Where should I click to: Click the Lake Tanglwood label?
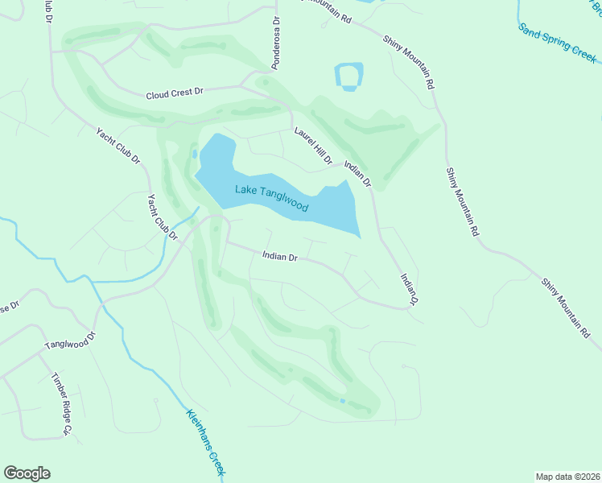[x=271, y=199]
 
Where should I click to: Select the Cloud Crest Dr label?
[x=174, y=93]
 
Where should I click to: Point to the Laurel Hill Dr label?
[x=313, y=146]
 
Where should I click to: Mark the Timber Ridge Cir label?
[x=62, y=403]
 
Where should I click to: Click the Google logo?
[x=27, y=473]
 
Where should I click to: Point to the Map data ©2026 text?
[x=567, y=476]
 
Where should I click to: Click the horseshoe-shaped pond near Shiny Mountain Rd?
[x=348, y=77]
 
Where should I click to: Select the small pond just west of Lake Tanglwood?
[x=194, y=153]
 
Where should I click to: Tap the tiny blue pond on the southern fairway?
[x=343, y=400]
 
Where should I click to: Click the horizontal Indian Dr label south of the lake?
[x=280, y=257]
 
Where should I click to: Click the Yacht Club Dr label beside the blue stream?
[x=162, y=217]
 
